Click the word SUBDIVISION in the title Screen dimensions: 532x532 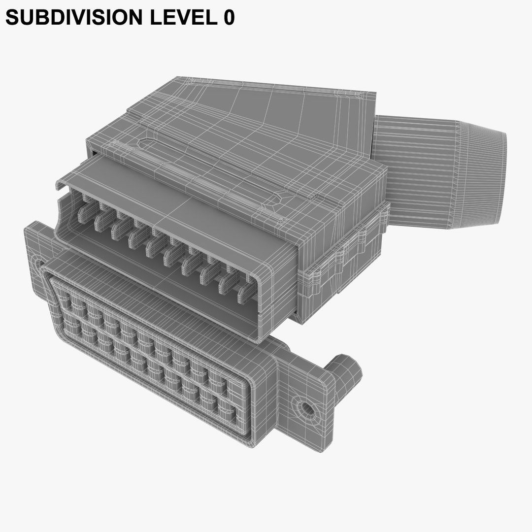coord(67,18)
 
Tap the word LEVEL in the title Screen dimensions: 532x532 coord(174,18)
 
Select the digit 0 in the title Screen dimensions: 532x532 coord(228,18)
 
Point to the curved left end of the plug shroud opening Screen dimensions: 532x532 coord(62,217)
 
